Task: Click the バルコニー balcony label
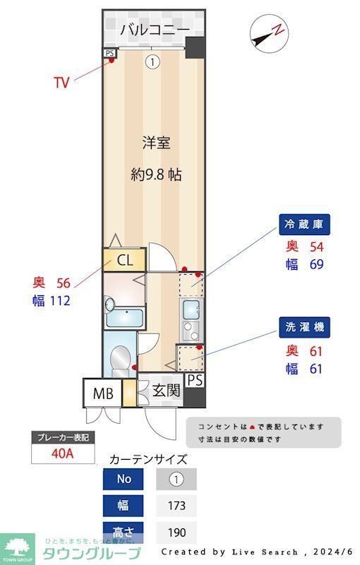point(154,30)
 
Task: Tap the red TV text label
point(62,83)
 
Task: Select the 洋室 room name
point(156,143)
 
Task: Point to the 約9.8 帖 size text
point(156,174)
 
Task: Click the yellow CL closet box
point(124,260)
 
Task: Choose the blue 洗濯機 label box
point(304,328)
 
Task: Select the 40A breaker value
point(63,453)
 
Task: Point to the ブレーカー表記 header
point(63,438)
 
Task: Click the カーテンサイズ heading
point(148,459)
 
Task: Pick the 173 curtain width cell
point(176,506)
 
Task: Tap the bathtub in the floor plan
point(124,318)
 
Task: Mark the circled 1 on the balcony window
point(152,62)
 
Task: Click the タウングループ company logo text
point(92,553)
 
